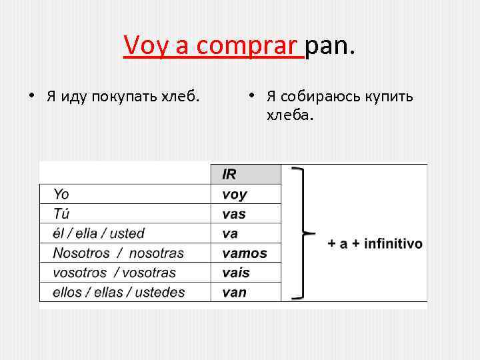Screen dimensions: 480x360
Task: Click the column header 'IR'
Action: (x=229, y=175)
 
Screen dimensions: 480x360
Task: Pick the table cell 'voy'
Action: (x=234, y=195)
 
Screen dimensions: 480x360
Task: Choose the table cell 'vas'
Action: (x=233, y=214)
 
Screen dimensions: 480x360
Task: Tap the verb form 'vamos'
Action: (x=244, y=253)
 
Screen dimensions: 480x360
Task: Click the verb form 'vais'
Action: (x=235, y=273)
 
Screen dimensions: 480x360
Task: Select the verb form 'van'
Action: (x=234, y=292)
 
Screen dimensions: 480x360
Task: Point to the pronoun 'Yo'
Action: (x=61, y=195)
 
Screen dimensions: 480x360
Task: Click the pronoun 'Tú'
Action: (x=61, y=214)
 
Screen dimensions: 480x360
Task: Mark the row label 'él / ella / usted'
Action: (x=99, y=233)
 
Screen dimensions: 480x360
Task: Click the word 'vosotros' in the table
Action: (x=79, y=273)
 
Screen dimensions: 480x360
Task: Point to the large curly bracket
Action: (x=303, y=233)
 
